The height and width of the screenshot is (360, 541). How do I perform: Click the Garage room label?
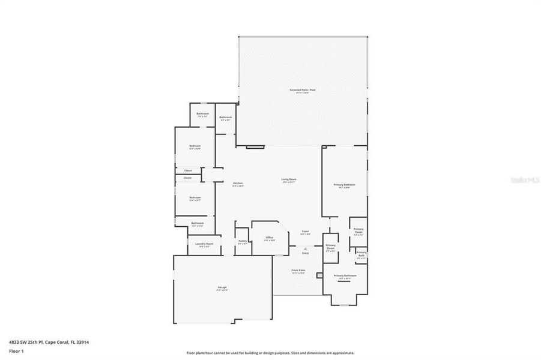click(222, 287)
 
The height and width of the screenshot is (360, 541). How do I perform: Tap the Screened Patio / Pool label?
click(302, 90)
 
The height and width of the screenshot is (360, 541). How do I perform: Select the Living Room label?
click(289, 179)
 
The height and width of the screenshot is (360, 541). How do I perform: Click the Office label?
click(270, 238)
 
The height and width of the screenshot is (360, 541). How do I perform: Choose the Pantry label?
click(242, 241)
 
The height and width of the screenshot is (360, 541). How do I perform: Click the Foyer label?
click(305, 232)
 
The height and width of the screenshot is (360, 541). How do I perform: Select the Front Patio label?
click(298, 271)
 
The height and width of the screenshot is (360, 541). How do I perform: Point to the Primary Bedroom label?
click(344, 185)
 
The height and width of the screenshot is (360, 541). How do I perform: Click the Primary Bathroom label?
click(345, 275)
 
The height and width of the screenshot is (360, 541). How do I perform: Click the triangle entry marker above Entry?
click(305, 248)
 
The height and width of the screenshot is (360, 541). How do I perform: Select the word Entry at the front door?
click(305, 253)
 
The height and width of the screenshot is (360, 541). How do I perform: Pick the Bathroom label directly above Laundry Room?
click(198, 223)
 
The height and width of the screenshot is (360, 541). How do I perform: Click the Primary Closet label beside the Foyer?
click(330, 245)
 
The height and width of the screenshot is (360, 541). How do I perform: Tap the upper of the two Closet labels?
click(187, 170)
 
